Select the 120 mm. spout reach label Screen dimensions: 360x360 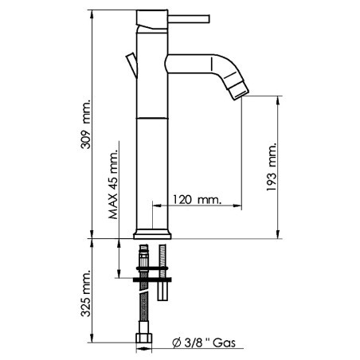[195, 198]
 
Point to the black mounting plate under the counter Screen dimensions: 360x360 [152, 278]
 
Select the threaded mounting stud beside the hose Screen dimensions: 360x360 [163, 271]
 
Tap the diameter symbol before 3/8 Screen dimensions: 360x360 [176, 343]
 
